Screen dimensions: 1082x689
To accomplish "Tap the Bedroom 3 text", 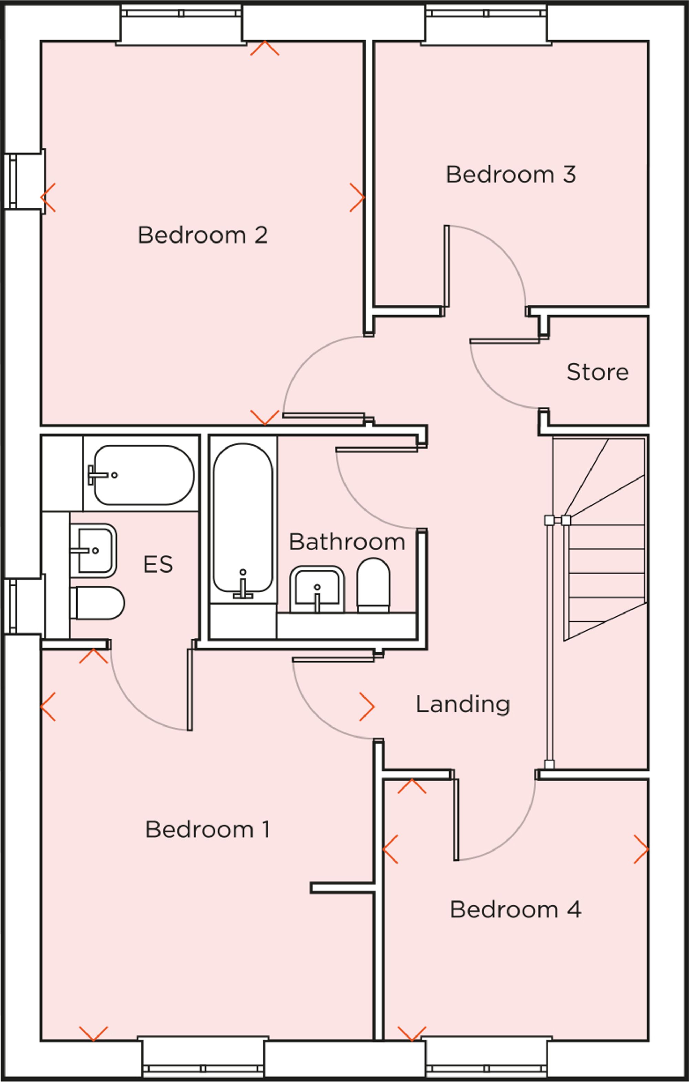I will tap(511, 174).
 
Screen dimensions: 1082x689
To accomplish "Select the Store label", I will tap(597, 372).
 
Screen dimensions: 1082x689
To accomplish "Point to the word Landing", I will tap(462, 704).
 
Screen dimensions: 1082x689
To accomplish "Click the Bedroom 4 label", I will tap(515, 909).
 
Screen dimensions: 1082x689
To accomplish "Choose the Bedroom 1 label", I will tap(207, 829).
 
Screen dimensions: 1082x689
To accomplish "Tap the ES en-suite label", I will tap(158, 564).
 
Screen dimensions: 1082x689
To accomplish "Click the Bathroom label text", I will tap(347, 542).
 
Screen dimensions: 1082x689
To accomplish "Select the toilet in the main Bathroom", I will tap(373, 585).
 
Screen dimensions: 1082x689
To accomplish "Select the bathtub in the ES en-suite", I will tap(144, 475).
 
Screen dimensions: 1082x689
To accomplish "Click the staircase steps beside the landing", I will tap(605, 562).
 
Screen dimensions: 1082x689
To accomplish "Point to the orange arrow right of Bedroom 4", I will tap(641, 849).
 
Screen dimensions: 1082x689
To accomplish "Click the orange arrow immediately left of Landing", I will tap(367, 707).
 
